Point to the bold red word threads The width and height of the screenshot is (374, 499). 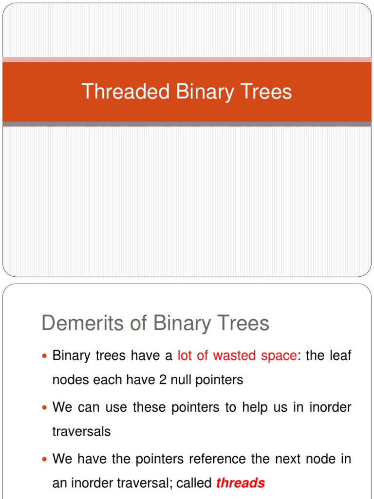(241, 483)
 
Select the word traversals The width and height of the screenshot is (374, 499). (81, 431)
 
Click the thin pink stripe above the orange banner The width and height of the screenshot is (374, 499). (187, 59)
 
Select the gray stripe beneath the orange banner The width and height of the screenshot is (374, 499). (187, 124)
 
